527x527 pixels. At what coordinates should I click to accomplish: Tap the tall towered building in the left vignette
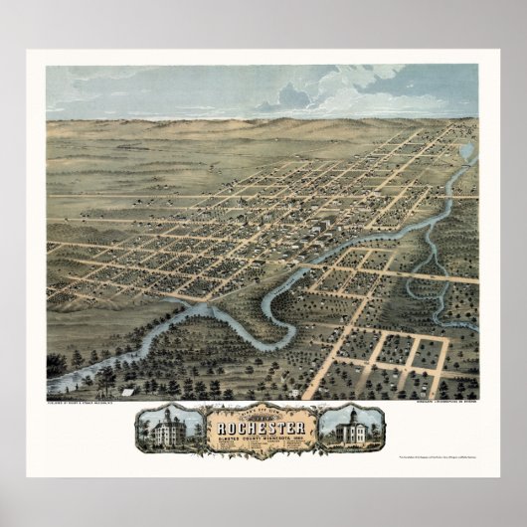pyautogui.click(x=164, y=427)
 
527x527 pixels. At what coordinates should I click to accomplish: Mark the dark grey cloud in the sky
pyautogui.click(x=288, y=97)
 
